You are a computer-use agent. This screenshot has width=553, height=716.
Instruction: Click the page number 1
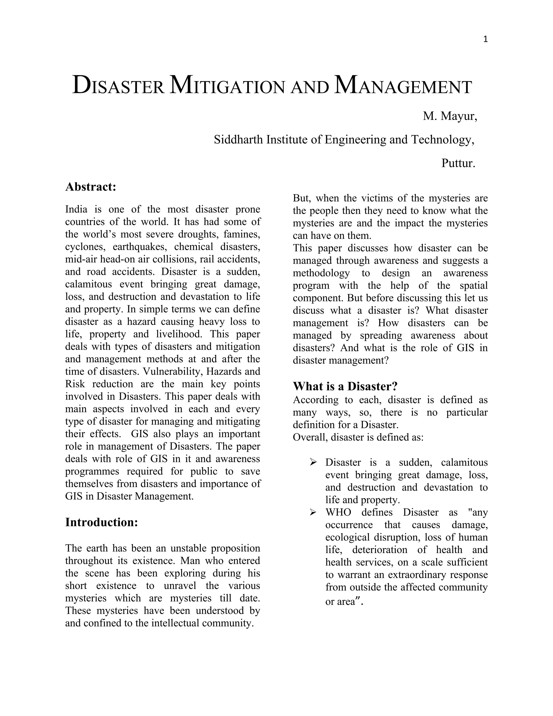click(x=485, y=40)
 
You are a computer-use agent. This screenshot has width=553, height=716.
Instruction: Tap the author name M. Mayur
click(x=450, y=116)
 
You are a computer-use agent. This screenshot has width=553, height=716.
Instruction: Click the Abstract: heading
click(x=91, y=187)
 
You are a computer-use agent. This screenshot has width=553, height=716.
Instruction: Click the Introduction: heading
click(x=102, y=523)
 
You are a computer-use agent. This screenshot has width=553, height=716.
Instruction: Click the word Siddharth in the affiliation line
click(x=238, y=140)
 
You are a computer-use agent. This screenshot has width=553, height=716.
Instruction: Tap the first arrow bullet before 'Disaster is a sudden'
click(x=313, y=463)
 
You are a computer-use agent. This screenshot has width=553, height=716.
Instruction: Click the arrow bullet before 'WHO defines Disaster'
click(x=313, y=512)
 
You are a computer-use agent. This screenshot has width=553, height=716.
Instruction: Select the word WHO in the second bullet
click(x=338, y=512)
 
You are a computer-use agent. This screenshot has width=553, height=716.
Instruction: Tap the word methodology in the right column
click(x=321, y=273)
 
